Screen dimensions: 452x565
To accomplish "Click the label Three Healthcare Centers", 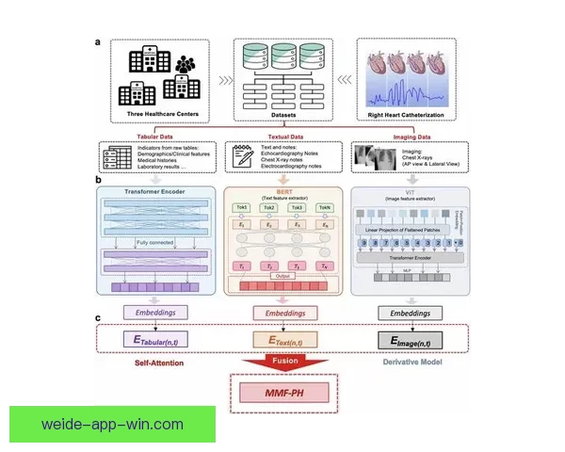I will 163,116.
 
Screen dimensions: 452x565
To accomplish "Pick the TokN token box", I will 325,206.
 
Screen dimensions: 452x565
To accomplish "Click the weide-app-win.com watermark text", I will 112,425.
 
